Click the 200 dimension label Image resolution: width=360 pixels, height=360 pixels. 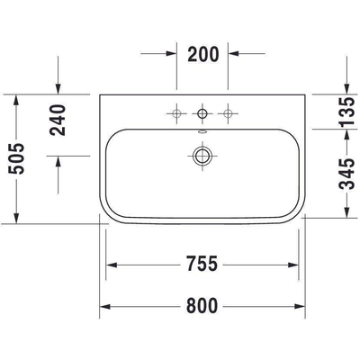pos(203,54)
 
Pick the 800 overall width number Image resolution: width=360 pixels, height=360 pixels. pos(203,306)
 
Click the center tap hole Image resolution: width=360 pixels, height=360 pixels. pos(202,112)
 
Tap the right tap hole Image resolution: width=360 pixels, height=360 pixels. pos(229,112)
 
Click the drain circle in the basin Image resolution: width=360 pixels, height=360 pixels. pos(202,154)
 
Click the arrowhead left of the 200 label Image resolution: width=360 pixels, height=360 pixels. pos(171,54)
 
